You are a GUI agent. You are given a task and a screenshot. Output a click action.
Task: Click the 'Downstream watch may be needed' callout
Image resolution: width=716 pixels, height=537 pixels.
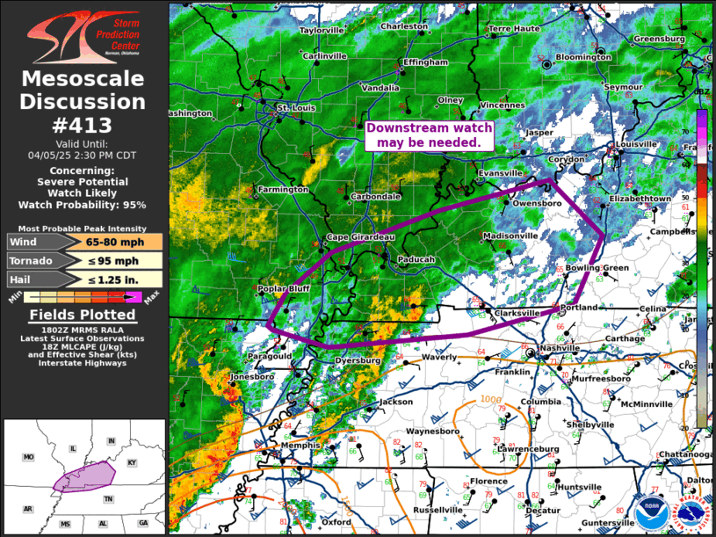point(430,135)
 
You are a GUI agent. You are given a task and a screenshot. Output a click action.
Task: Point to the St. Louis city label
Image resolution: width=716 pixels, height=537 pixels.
point(295,108)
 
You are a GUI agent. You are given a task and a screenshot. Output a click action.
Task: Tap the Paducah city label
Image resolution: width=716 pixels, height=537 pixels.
point(416,259)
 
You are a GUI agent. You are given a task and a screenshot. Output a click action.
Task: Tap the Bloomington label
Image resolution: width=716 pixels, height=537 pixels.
point(583,57)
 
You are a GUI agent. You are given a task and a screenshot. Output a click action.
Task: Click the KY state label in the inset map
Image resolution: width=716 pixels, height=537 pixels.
point(133,462)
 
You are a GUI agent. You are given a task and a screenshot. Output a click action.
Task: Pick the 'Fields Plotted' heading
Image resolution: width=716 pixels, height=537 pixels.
point(83,315)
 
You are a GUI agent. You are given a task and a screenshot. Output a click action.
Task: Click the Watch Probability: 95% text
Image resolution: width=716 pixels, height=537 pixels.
point(83,205)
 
